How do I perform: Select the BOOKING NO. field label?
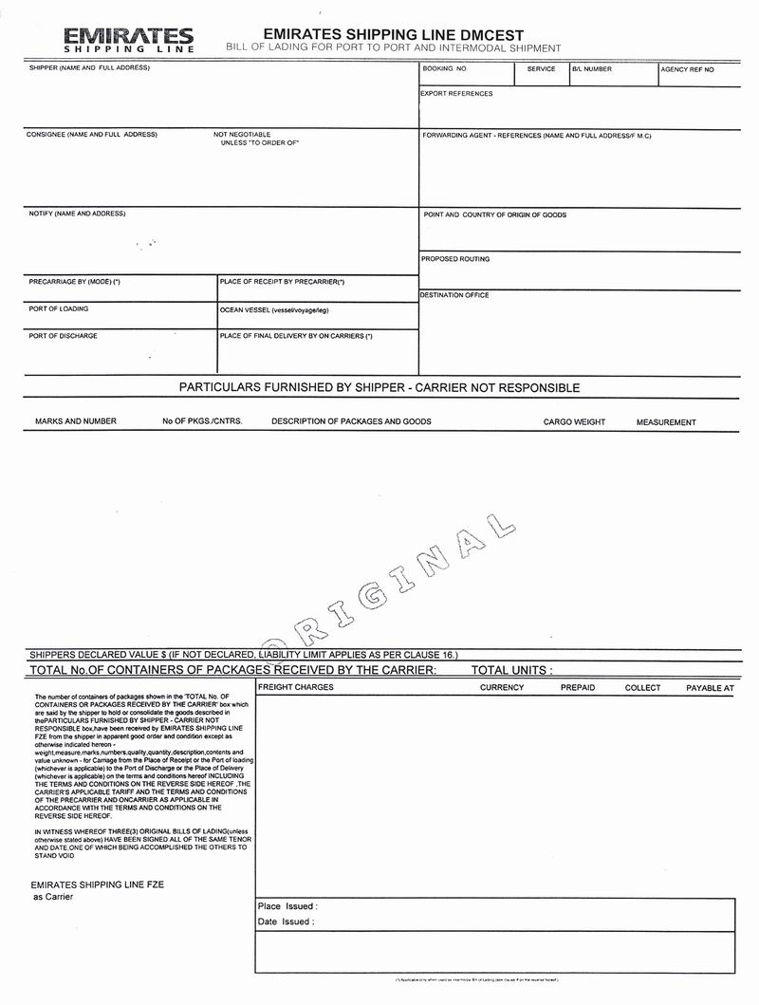click(x=445, y=69)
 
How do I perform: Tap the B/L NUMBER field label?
click(x=592, y=69)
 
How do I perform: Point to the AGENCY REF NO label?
click(x=688, y=70)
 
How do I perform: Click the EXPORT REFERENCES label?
click(x=456, y=94)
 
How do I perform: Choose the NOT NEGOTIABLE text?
click(x=242, y=135)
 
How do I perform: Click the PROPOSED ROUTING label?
click(x=456, y=259)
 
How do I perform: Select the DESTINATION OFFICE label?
click(x=455, y=295)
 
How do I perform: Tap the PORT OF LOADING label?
click(x=59, y=309)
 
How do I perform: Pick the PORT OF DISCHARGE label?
click(x=63, y=336)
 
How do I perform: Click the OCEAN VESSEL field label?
click(x=274, y=310)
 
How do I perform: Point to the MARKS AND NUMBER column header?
click(x=76, y=421)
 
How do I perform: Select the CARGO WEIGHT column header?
click(x=574, y=422)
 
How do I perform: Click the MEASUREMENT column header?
click(x=666, y=422)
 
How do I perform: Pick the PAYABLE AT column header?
click(x=710, y=688)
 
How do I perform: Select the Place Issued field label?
click(x=287, y=906)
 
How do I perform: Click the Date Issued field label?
click(x=286, y=921)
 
